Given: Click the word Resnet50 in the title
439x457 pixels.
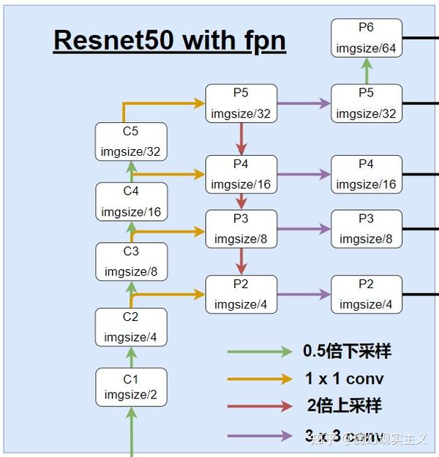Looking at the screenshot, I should pos(113,40).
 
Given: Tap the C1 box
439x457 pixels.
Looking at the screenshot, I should pos(131,387).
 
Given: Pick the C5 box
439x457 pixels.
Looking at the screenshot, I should pos(131,142).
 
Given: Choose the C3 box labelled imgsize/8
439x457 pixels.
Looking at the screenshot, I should pos(131,262).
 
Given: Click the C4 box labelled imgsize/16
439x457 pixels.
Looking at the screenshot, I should pos(131,202).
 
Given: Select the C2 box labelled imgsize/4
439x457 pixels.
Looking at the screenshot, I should pos(131,327).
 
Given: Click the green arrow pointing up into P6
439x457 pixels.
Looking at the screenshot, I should pos(366,71).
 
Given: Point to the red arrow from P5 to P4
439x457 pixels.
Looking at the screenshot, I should pos(241,138).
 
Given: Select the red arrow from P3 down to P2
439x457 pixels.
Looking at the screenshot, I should pos(241,260).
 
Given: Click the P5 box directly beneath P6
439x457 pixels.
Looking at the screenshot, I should pos(366,103).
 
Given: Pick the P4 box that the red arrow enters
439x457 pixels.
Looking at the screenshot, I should pos(241,174).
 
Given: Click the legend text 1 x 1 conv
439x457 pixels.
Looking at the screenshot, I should pos(343,379).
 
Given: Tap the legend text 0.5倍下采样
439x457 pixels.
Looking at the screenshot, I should pos(347,351).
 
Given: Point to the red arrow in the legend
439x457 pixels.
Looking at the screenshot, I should pos(260,407).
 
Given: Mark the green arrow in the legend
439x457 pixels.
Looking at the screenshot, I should pos(260,352).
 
